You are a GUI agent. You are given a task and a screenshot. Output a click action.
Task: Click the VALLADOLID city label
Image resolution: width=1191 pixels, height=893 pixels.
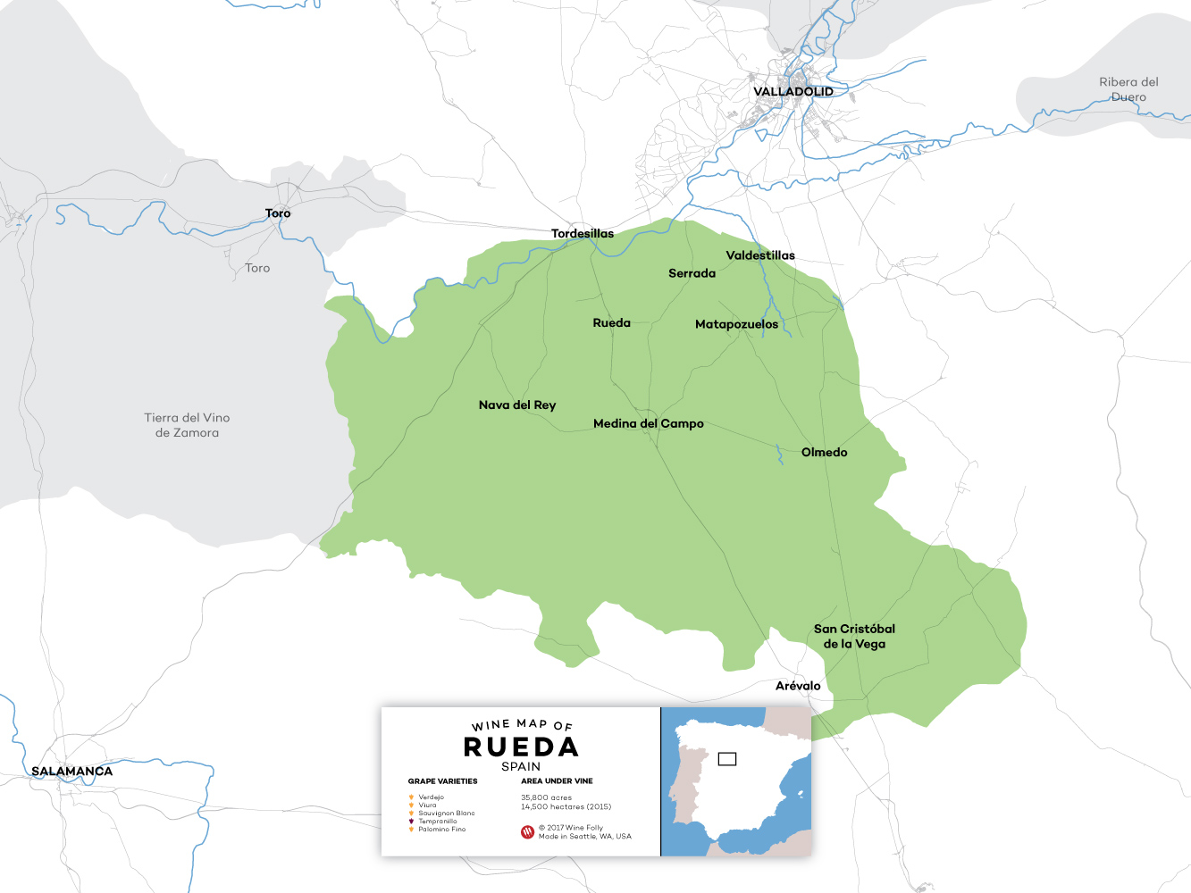coord(793,91)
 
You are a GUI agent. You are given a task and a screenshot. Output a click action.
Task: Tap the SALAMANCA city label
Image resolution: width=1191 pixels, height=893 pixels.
coord(71,771)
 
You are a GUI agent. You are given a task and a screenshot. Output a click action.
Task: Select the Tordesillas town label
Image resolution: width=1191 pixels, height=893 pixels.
coord(583,233)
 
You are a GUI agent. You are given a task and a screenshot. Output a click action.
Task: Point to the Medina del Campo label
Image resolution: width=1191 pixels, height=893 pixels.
coord(648,423)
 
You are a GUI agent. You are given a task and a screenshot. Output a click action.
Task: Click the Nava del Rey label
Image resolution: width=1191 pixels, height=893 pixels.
coord(516,405)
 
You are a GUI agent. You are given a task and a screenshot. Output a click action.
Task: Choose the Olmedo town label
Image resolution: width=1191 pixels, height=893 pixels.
coord(824,452)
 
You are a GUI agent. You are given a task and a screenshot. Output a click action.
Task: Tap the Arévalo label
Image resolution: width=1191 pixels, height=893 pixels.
coord(798,686)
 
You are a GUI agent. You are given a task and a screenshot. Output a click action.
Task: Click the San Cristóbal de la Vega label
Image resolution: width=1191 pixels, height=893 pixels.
coord(854,636)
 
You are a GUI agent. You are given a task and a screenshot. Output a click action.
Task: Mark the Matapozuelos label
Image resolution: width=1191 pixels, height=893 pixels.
coord(736,324)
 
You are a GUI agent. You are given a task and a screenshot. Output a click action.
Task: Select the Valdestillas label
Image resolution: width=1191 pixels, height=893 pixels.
coord(760,255)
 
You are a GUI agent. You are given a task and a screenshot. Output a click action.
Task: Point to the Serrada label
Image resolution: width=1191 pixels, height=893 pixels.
coord(692,273)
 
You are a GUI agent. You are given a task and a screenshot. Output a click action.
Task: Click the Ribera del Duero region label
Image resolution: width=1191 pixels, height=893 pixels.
coord(1128,89)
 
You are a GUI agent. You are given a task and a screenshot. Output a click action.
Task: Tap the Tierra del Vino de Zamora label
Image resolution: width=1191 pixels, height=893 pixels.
coord(187,425)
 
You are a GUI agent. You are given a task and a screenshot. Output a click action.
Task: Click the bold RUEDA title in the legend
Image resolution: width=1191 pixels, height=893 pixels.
coord(521,747)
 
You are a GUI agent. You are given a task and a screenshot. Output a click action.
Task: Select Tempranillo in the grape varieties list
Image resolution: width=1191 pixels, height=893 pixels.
coord(437,821)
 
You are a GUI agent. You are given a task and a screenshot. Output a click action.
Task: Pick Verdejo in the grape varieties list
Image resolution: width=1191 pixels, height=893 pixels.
coord(431,797)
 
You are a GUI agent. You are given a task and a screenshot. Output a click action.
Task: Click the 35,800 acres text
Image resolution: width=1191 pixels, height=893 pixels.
coord(546,797)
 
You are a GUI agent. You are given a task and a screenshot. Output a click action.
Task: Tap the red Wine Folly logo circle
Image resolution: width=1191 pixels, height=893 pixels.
coord(527,832)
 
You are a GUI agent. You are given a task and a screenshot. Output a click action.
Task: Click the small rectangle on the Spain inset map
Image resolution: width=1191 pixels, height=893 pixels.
coord(727,759)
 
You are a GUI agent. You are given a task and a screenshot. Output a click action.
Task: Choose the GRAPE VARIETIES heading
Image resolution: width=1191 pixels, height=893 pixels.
coord(442,781)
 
